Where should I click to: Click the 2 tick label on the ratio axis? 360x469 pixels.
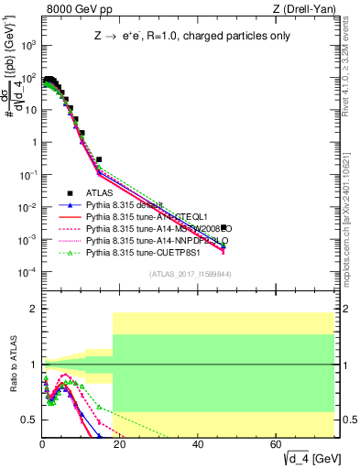tap(33, 309)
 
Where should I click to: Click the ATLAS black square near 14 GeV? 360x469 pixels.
tap(98, 158)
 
